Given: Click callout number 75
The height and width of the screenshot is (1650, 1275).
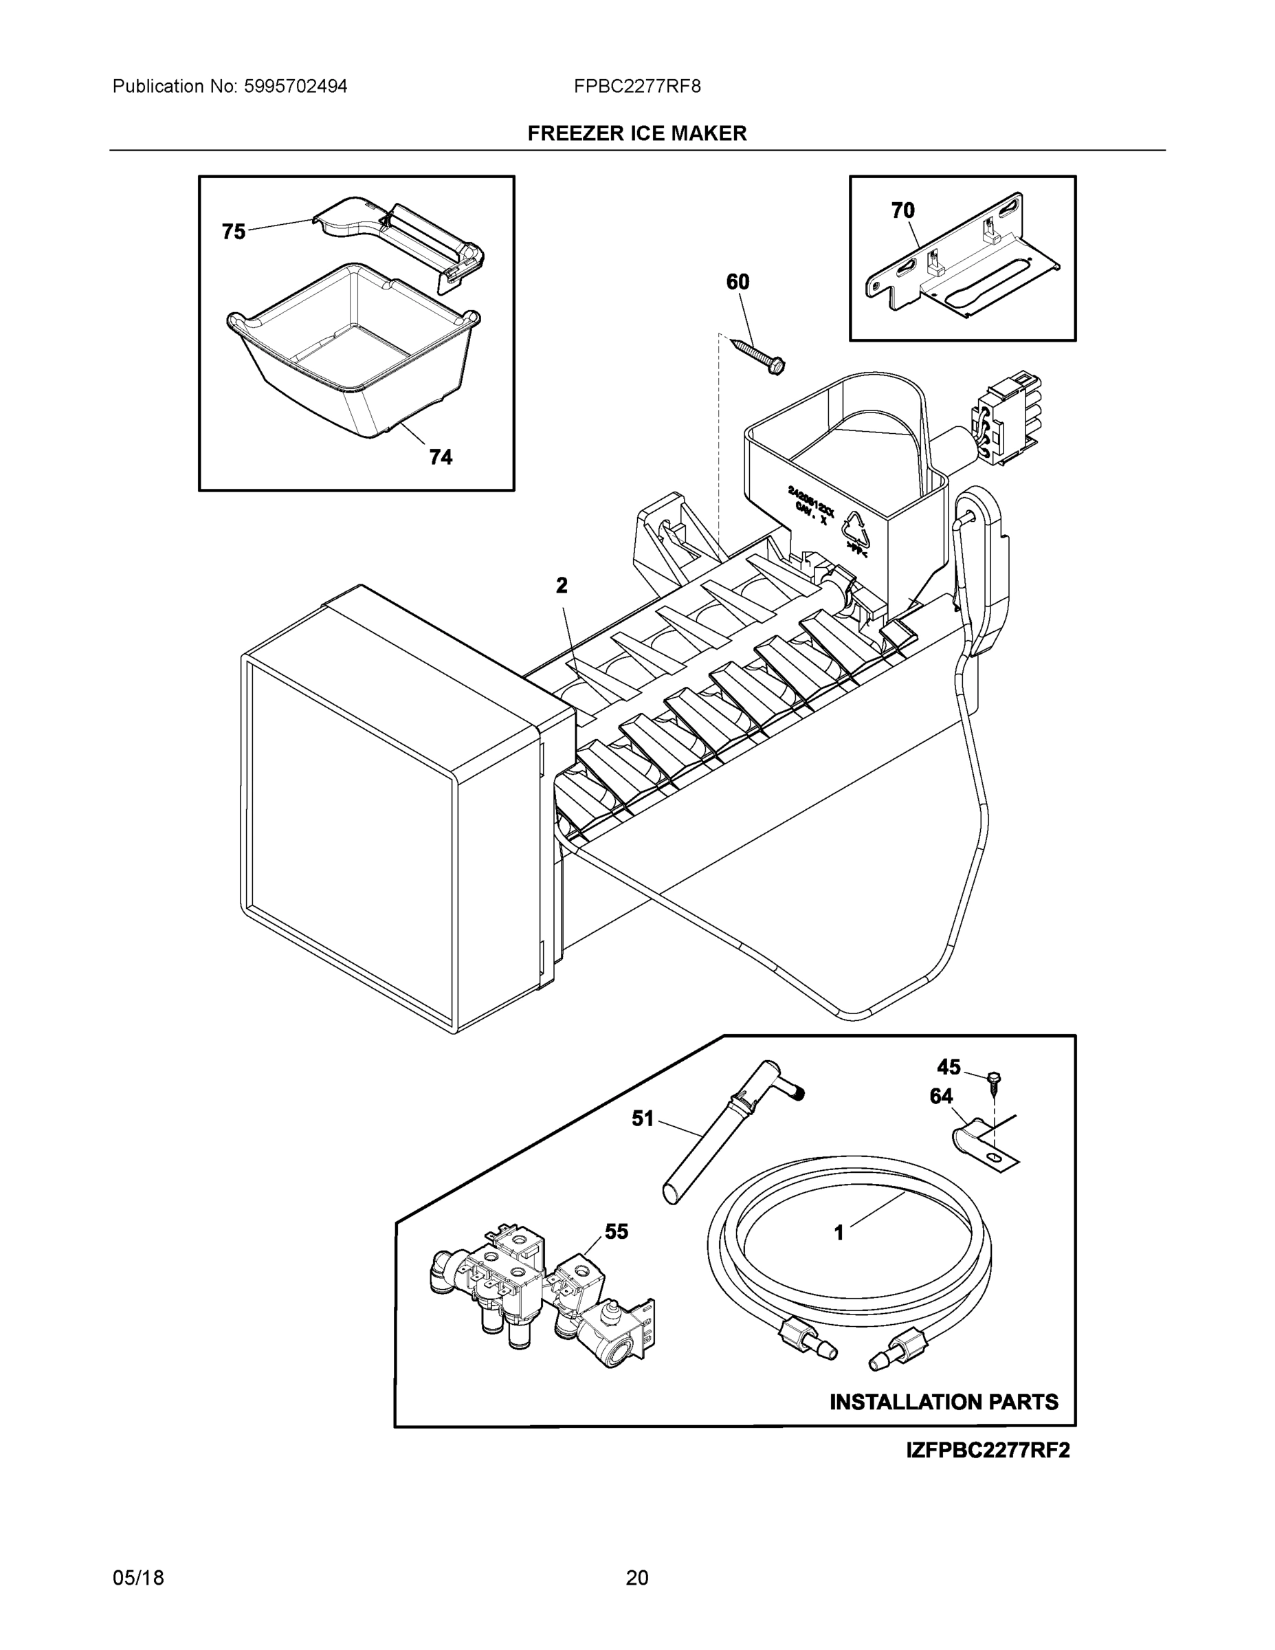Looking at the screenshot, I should [234, 231].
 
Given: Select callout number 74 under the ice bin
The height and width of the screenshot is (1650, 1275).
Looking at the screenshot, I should [441, 456].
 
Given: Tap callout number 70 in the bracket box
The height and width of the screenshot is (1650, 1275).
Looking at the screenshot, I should [902, 211].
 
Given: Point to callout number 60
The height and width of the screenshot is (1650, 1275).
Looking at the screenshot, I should [738, 282].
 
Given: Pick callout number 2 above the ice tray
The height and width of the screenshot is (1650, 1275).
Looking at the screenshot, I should [562, 585].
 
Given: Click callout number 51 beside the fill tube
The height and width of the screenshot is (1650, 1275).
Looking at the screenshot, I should [642, 1119].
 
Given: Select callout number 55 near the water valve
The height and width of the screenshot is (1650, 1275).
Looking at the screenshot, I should [617, 1232].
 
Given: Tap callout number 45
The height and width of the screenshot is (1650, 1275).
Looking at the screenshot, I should [949, 1067].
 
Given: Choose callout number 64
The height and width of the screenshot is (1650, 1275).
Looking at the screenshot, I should [941, 1097].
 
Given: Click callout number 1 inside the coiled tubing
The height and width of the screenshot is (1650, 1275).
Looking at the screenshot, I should [839, 1233].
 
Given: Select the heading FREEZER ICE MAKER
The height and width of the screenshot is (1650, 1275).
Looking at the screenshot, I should [636, 134].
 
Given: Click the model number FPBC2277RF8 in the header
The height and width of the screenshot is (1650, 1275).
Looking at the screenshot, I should [636, 87].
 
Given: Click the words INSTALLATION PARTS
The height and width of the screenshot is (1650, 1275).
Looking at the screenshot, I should [944, 1403].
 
